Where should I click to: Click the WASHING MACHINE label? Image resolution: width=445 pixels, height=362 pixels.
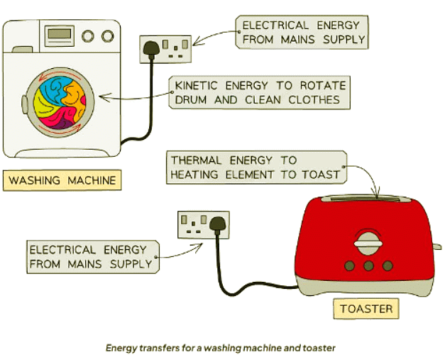click(62, 180)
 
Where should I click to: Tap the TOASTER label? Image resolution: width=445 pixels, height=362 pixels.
click(366, 309)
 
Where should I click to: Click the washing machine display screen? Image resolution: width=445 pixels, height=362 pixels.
click(59, 34)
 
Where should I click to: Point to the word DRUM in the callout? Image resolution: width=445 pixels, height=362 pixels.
click(190, 100)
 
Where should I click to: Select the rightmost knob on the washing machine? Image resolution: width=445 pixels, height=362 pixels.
click(107, 35)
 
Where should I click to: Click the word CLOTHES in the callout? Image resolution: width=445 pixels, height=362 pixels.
click(314, 100)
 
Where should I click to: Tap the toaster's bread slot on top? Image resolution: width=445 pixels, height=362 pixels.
click(365, 196)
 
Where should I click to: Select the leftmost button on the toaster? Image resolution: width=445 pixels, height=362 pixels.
click(350, 265)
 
